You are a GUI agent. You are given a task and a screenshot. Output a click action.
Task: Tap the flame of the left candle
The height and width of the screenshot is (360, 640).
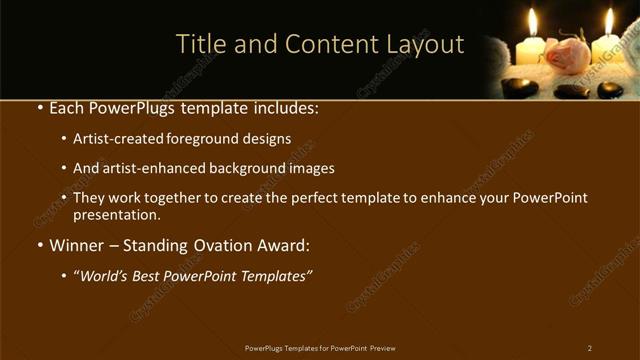[533, 22]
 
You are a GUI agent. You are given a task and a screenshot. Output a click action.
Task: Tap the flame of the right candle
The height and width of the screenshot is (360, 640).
[609, 21]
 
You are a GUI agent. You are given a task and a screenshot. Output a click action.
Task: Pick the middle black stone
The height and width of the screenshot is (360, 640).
[571, 91]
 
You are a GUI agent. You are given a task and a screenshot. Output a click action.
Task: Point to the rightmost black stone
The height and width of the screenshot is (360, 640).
[610, 90]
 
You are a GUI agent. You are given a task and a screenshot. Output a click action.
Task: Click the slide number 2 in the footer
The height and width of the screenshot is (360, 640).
[590, 348]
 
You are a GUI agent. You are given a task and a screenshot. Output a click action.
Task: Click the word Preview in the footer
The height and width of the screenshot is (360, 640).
[389, 348]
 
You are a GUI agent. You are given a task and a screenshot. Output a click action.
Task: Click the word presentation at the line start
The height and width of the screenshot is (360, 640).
[116, 214]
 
